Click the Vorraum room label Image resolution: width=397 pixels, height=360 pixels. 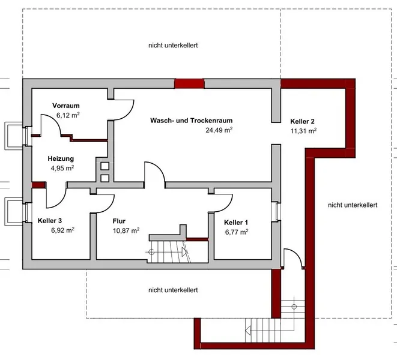(66, 105)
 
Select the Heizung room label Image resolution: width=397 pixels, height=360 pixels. (61, 158)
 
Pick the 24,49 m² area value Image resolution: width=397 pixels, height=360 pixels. (219, 130)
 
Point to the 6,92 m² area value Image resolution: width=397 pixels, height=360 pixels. (62, 230)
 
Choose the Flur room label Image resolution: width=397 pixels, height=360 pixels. (120, 220)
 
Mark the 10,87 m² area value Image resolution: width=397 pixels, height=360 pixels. (126, 230)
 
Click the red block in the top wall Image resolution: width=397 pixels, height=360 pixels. (190, 83)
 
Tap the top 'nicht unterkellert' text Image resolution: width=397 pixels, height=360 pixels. (173, 45)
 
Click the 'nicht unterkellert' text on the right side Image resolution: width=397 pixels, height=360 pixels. (352, 205)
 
